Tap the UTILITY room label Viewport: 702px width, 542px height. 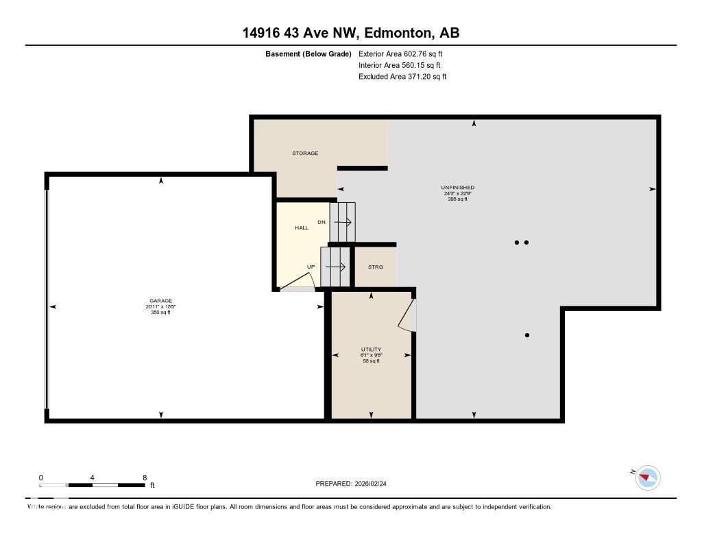371,349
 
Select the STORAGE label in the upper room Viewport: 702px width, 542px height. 305,153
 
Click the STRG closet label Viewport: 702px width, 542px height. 375,267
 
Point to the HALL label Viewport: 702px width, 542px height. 302,227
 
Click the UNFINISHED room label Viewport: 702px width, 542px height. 457,188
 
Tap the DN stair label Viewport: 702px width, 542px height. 321,222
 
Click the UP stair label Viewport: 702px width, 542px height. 311,267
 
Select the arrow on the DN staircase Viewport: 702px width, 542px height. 343,222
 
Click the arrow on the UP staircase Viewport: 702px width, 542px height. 335,267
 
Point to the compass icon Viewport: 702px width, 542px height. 647,477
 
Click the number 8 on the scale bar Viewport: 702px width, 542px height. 144,478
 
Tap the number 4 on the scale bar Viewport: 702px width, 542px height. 92,478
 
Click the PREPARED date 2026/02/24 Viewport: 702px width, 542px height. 355,484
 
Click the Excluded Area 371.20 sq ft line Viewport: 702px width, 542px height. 402,77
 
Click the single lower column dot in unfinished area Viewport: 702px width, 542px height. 527,335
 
